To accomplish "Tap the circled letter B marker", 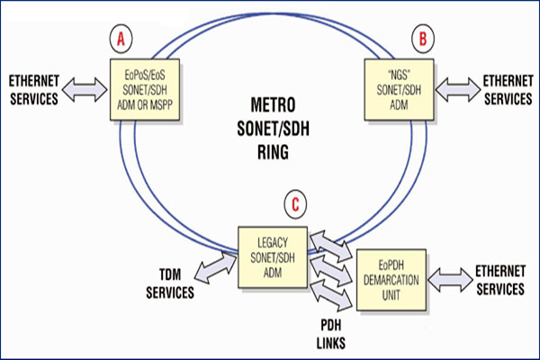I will tap(420, 39).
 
